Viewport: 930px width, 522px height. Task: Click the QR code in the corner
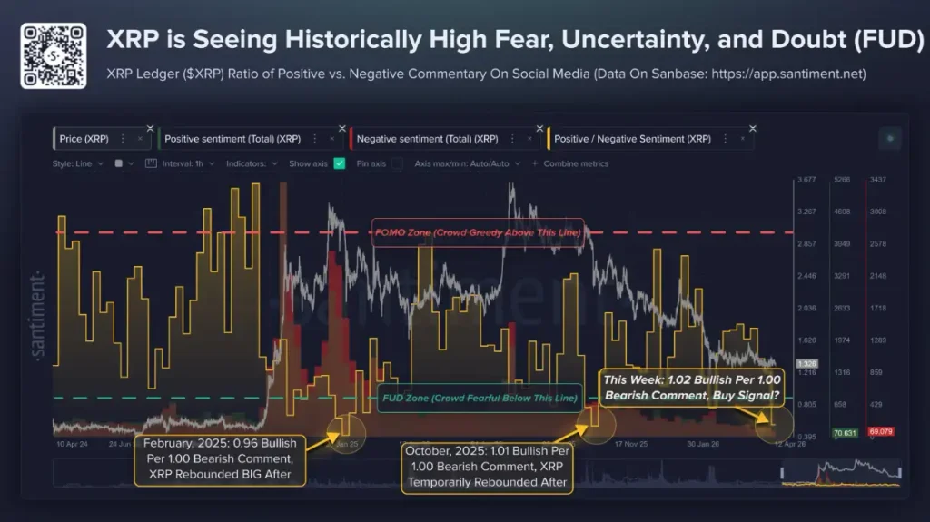pos(54,55)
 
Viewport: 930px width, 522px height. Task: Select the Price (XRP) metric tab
pos(84,139)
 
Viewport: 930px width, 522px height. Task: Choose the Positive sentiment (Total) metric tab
pos(232,139)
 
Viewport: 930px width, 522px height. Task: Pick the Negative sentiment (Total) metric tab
pos(427,139)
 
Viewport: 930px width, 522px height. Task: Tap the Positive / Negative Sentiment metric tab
pos(632,139)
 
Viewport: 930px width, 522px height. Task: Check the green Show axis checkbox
pos(340,163)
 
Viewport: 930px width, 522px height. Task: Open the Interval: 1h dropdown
pos(188,163)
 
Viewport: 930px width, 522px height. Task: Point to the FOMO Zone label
pos(478,232)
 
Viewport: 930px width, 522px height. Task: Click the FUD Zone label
pos(477,399)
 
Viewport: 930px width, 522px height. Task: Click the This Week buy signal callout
pos(690,388)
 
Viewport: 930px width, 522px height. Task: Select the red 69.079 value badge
pos(880,433)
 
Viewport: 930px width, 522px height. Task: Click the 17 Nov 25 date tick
pos(631,445)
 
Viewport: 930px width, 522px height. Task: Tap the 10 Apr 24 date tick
pos(72,445)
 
